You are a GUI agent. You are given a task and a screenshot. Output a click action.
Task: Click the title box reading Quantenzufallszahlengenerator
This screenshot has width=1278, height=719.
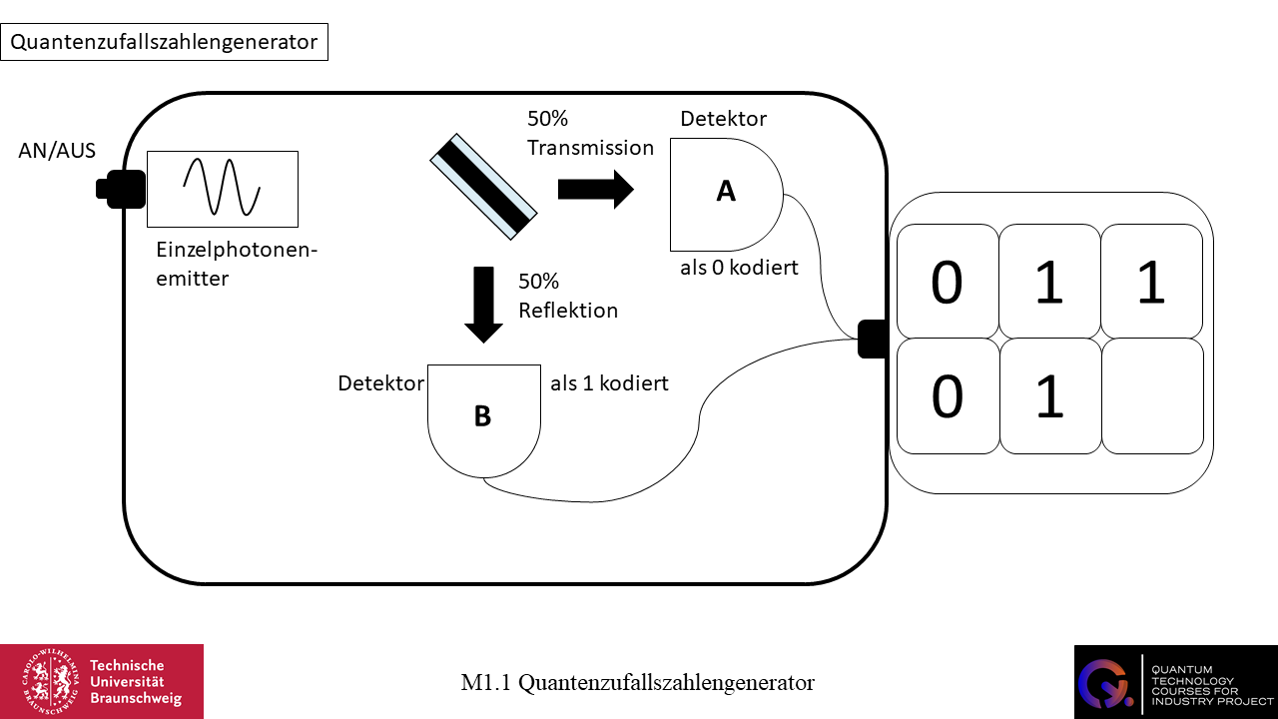coord(164,42)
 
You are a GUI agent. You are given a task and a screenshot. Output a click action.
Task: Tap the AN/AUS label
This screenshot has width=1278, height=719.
coord(57,151)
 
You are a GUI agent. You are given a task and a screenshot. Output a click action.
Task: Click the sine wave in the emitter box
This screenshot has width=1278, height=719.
coord(222,188)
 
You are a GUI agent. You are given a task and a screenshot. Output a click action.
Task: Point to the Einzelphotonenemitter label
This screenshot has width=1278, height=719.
coord(237,264)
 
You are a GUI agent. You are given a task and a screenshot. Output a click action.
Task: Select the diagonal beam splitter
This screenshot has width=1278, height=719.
coord(484,187)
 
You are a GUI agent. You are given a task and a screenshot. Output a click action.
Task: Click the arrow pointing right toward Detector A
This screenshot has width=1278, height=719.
coord(595,189)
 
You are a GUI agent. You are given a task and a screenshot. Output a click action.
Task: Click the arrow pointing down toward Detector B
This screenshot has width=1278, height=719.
coord(484,304)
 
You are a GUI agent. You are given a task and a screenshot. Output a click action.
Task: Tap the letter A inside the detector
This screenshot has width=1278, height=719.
coord(726,192)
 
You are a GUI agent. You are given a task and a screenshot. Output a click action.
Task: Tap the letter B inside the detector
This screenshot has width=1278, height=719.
coord(482,416)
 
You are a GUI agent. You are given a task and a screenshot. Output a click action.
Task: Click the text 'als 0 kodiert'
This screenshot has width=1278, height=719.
coord(738,267)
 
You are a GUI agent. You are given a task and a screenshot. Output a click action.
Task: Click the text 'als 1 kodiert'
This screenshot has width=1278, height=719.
coord(609,382)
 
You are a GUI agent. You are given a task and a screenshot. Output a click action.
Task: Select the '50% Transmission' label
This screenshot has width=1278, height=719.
coord(590,133)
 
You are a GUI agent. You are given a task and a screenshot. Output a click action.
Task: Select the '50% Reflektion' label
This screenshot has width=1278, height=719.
coord(568,296)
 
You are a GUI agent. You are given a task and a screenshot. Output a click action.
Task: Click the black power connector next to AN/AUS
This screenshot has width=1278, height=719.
coord(122,189)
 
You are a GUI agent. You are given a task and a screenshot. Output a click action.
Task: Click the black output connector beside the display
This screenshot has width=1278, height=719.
coord(872,339)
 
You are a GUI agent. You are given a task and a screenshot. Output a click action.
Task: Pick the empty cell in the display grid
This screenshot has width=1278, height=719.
coord(1151,396)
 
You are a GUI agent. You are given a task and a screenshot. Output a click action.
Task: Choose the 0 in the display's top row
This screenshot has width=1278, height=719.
coord(947,283)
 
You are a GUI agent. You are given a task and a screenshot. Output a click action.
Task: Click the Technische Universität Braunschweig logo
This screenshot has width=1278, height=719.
coord(102,681)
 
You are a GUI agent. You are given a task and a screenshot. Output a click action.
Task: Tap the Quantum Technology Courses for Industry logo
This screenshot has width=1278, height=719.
coord(1175,681)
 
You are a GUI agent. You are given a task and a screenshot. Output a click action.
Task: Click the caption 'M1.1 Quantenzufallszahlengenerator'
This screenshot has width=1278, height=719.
coord(637,683)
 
